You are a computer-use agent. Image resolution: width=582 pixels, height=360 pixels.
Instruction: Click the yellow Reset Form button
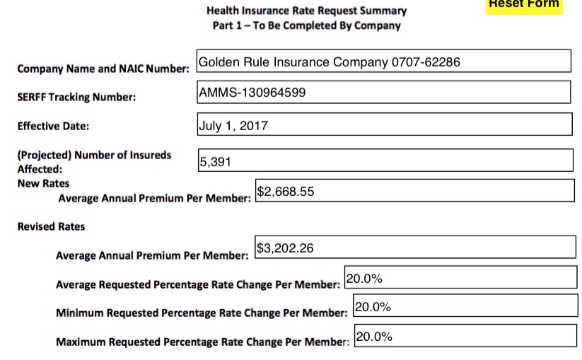point(524,5)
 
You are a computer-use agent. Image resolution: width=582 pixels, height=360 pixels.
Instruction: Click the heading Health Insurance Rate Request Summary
point(306,11)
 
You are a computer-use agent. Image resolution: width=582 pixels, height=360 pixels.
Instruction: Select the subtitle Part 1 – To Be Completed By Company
point(306,25)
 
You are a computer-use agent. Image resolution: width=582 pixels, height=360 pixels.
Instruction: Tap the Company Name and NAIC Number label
point(103,69)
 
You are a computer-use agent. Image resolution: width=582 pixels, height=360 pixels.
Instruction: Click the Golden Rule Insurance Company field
point(384,62)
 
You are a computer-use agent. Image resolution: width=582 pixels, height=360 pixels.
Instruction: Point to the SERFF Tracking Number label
point(76,97)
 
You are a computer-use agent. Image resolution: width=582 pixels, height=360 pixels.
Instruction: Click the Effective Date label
point(53,127)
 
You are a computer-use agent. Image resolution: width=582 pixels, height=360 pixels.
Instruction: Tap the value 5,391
point(216,162)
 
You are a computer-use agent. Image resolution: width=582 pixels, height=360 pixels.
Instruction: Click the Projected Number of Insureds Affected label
point(94,161)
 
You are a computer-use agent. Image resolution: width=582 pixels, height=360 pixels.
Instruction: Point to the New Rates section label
point(44,183)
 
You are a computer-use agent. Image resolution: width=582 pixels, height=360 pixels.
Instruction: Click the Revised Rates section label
point(51,226)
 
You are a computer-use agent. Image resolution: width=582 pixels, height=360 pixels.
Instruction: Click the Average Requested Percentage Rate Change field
point(460,278)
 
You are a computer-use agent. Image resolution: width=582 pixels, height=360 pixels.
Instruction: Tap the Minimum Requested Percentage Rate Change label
point(202,312)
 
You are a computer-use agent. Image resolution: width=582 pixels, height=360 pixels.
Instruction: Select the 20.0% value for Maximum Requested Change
point(373,336)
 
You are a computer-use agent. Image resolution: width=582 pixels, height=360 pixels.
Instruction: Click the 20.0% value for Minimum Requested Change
point(373,306)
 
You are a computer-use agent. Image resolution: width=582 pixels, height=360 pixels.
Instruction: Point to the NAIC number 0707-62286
point(426,62)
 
